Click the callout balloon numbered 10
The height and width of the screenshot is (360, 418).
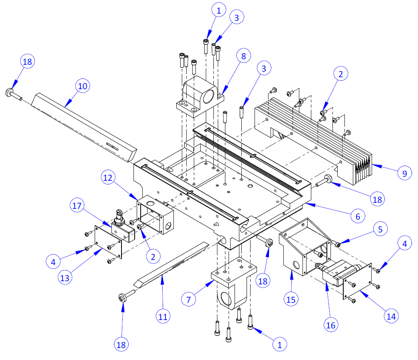[83, 86]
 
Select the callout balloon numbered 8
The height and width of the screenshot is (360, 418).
[244, 56]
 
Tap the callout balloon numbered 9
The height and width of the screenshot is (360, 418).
[404, 173]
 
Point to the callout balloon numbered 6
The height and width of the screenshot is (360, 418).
[358, 216]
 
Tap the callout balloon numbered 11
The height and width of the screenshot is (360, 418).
[163, 317]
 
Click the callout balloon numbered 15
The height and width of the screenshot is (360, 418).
[292, 298]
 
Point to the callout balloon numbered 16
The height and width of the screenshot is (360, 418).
[331, 324]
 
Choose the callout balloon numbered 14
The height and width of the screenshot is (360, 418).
[391, 316]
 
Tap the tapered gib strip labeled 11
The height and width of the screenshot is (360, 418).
[168, 264]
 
